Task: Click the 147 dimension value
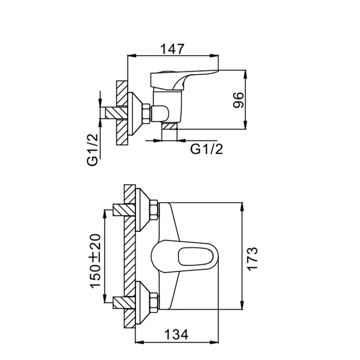172,49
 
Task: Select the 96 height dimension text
238,100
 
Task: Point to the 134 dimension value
176,335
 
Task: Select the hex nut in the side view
146,114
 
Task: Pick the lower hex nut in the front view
154,302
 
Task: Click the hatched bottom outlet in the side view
169,126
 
